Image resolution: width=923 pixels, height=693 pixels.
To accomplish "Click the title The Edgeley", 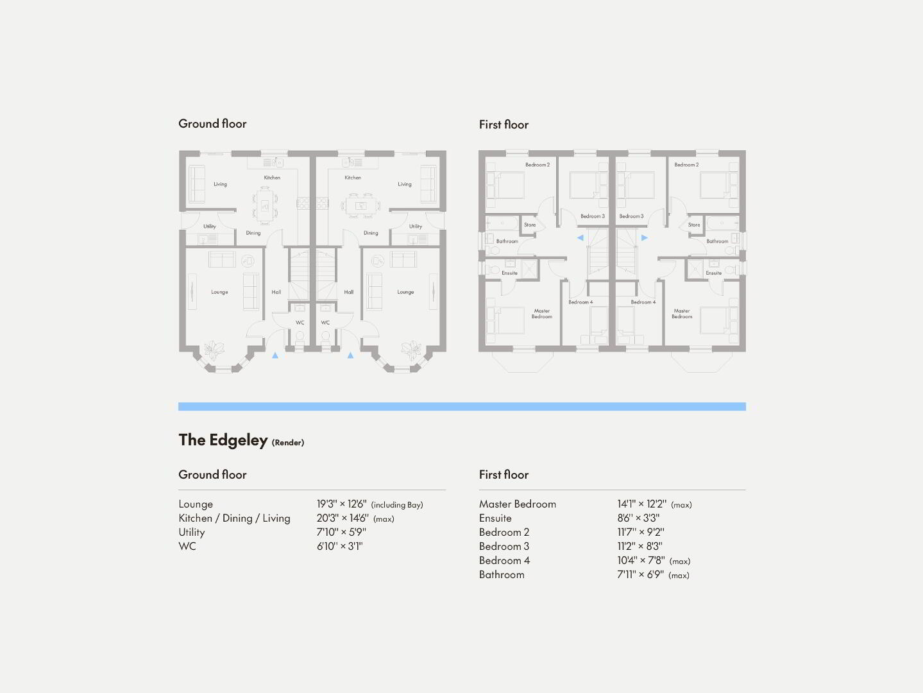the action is click(223, 440).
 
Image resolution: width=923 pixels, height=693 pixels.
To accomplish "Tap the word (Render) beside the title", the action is click(288, 442).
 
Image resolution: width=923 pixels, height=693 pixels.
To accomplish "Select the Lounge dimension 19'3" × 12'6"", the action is click(341, 504).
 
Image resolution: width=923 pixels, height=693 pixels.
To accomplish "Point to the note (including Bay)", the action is click(397, 504).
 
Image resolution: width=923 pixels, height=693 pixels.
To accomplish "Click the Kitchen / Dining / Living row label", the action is click(234, 518).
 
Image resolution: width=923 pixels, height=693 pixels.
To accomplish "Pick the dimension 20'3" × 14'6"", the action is click(343, 518).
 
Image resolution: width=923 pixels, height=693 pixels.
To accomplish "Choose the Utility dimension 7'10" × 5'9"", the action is click(341, 532).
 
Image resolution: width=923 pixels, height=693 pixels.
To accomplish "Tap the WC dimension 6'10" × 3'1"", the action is click(340, 546).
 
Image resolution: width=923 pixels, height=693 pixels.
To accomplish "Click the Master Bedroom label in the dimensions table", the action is click(517, 504).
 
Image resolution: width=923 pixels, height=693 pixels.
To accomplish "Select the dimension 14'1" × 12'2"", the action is click(641, 504).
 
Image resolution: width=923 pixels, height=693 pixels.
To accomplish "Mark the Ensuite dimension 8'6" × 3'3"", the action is click(638, 518).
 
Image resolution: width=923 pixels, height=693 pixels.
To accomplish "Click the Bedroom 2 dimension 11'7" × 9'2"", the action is click(641, 532).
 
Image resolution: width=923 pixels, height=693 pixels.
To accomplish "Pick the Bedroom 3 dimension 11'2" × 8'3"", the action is click(639, 546).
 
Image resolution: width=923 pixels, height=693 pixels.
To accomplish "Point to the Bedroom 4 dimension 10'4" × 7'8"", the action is click(641, 561).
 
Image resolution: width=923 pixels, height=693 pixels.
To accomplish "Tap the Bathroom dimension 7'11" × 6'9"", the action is click(640, 574).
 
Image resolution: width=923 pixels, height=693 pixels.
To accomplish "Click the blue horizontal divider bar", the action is click(462, 406).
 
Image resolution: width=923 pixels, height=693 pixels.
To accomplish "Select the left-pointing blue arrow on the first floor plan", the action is click(580, 237).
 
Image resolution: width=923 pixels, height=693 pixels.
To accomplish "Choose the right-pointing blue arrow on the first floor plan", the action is click(644, 237).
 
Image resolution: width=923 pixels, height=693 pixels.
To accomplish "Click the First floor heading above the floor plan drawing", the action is click(504, 124).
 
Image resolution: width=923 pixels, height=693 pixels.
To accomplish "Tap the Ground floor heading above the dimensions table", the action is click(212, 474).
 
